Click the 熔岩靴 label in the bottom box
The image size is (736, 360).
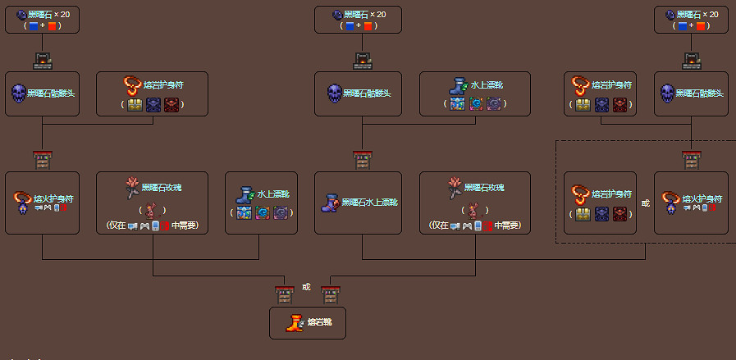[320, 323]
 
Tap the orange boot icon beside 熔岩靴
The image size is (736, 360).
[294, 323]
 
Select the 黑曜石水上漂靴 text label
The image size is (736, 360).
[371, 203]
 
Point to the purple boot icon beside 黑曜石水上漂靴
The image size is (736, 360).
[331, 203]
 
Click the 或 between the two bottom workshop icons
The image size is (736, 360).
[307, 287]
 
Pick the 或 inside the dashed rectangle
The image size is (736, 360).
[646, 203]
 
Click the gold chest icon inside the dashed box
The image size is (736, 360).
[583, 213]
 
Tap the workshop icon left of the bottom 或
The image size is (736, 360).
[284, 294]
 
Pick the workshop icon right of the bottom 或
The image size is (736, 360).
[331, 294]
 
